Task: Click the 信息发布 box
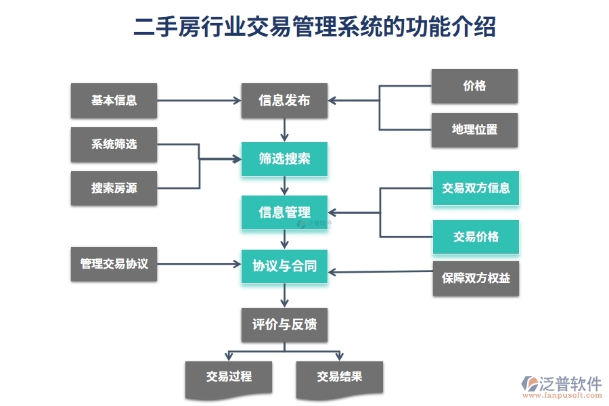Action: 284,100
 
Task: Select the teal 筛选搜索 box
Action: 284,159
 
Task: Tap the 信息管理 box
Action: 284,212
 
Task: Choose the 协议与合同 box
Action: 284,266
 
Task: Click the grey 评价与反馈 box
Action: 284,325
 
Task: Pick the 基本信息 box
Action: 114,100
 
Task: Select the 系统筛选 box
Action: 114,144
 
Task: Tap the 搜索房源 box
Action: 114,188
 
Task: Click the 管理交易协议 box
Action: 114,264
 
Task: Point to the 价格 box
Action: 474,86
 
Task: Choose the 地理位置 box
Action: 474,129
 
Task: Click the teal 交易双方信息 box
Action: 476,188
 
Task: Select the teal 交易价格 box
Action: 476,237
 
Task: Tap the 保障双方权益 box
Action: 476,278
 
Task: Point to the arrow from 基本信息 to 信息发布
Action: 199,101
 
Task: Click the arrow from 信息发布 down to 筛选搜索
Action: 285,129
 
